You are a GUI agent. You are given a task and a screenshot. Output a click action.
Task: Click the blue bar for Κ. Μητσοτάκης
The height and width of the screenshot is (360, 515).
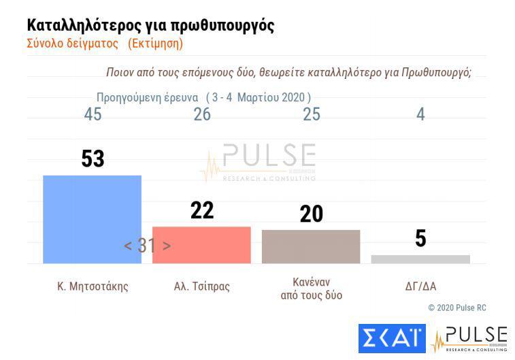[92, 218]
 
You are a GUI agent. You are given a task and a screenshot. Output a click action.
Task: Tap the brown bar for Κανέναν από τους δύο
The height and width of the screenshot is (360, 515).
[311, 246]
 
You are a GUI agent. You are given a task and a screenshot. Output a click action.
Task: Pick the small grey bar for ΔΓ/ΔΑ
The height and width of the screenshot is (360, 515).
[420, 259]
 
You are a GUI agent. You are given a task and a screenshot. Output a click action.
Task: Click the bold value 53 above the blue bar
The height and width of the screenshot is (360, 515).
[93, 159]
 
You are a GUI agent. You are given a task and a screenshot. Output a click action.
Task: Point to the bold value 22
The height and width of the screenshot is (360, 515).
[202, 210]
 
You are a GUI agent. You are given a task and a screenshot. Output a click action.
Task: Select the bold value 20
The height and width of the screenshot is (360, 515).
[311, 214]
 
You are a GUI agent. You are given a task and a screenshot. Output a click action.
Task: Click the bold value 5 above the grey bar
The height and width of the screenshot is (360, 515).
[420, 239]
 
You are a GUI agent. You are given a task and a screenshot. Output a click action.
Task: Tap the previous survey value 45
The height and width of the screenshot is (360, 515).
[93, 114]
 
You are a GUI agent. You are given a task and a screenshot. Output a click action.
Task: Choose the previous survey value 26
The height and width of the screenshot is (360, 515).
[202, 114]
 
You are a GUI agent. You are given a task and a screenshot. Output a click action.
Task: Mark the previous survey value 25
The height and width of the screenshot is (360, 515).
[311, 114]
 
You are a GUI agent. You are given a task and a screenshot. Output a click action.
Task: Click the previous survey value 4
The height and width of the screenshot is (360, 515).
[420, 114]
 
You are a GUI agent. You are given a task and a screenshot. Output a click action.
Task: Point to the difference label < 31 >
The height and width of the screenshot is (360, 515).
[147, 246]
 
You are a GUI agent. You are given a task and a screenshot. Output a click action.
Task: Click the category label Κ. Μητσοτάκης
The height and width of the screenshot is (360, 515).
[93, 286]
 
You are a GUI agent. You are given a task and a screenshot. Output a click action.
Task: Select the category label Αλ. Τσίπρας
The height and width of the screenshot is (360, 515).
[202, 286]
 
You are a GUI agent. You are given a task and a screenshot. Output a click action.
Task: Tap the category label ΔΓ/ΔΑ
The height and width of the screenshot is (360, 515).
[420, 286]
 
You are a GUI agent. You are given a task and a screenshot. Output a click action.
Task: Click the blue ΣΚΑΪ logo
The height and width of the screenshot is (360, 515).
[391, 339]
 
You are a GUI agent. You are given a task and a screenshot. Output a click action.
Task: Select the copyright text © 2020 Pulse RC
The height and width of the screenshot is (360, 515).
[457, 308]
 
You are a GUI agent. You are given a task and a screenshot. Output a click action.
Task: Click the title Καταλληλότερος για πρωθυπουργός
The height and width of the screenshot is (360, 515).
[150, 25]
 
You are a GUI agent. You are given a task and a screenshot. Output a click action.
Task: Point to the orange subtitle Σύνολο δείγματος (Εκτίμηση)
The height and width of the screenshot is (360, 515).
[105, 44]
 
